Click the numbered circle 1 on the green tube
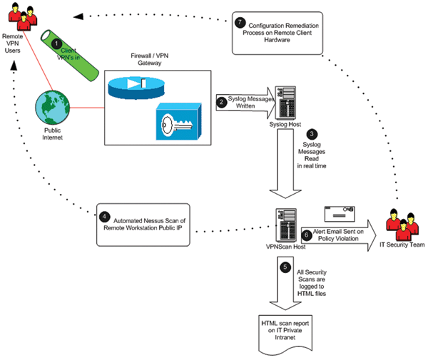[57, 43]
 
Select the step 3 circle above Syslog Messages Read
[311, 133]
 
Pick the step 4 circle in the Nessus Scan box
[105, 215]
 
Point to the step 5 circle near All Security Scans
[286, 268]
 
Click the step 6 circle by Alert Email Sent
[306, 232]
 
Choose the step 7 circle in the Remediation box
[241, 23]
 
